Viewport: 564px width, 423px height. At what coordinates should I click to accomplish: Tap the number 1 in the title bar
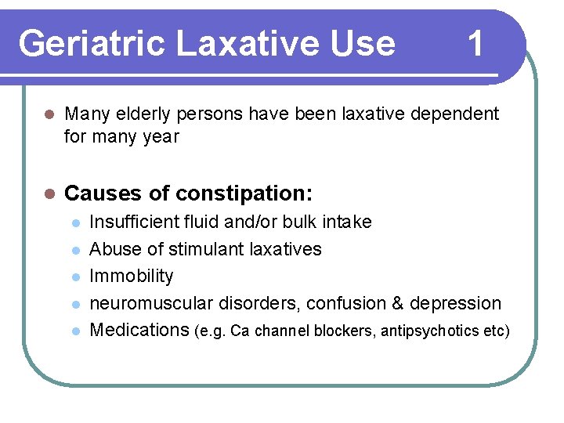[475, 44]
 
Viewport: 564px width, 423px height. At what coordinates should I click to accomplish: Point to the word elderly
[142, 114]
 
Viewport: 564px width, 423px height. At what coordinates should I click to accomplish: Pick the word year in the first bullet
[161, 137]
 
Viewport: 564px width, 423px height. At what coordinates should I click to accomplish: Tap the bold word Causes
[100, 193]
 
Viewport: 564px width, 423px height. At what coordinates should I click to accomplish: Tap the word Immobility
[132, 277]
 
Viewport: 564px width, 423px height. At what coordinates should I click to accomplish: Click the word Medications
[139, 330]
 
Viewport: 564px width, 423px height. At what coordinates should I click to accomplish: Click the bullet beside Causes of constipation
[49, 193]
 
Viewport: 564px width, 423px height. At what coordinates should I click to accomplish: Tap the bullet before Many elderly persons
[49, 114]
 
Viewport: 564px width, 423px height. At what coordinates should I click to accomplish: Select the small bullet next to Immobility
[75, 277]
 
